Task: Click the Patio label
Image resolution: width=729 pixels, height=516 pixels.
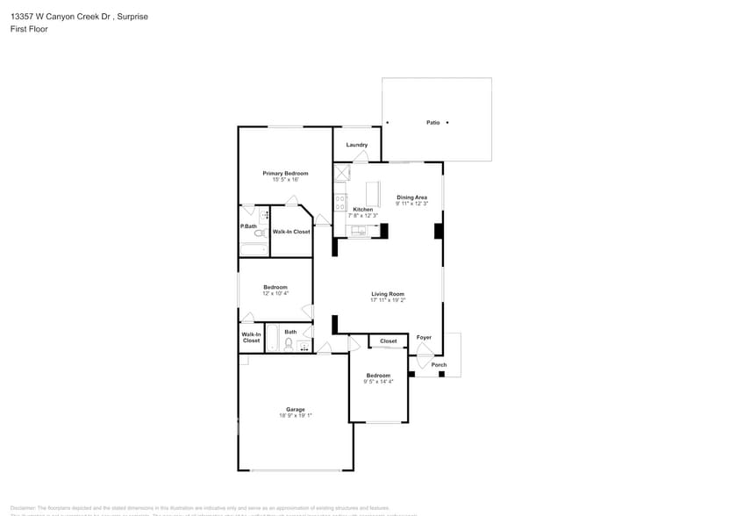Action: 432,123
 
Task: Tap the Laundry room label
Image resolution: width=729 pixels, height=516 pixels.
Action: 356,145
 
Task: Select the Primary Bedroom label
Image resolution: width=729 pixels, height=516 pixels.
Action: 285,174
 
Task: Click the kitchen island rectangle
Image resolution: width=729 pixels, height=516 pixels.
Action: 373,192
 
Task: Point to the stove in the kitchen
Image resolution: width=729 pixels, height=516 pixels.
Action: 341,204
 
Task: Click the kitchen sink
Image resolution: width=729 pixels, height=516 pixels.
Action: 359,231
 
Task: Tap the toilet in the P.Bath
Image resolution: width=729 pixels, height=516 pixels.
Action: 259,233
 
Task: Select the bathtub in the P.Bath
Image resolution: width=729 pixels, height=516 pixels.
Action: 254,249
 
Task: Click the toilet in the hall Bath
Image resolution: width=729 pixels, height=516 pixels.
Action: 289,343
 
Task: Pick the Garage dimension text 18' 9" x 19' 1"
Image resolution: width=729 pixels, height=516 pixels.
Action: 295,416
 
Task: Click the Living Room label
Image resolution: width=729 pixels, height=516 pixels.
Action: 387,294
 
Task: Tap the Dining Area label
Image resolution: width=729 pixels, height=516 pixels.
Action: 411,197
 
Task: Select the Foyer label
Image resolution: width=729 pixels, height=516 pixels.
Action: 424,338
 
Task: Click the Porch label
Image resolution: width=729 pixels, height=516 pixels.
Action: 439,365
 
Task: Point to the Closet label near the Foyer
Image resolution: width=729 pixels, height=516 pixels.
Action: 388,340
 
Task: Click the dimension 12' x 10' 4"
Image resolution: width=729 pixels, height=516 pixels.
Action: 275,293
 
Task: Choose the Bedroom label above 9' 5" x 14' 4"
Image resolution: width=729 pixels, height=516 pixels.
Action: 378,375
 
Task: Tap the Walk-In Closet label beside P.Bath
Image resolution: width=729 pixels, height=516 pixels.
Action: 291,232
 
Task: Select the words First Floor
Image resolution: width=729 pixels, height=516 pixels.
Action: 29,29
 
